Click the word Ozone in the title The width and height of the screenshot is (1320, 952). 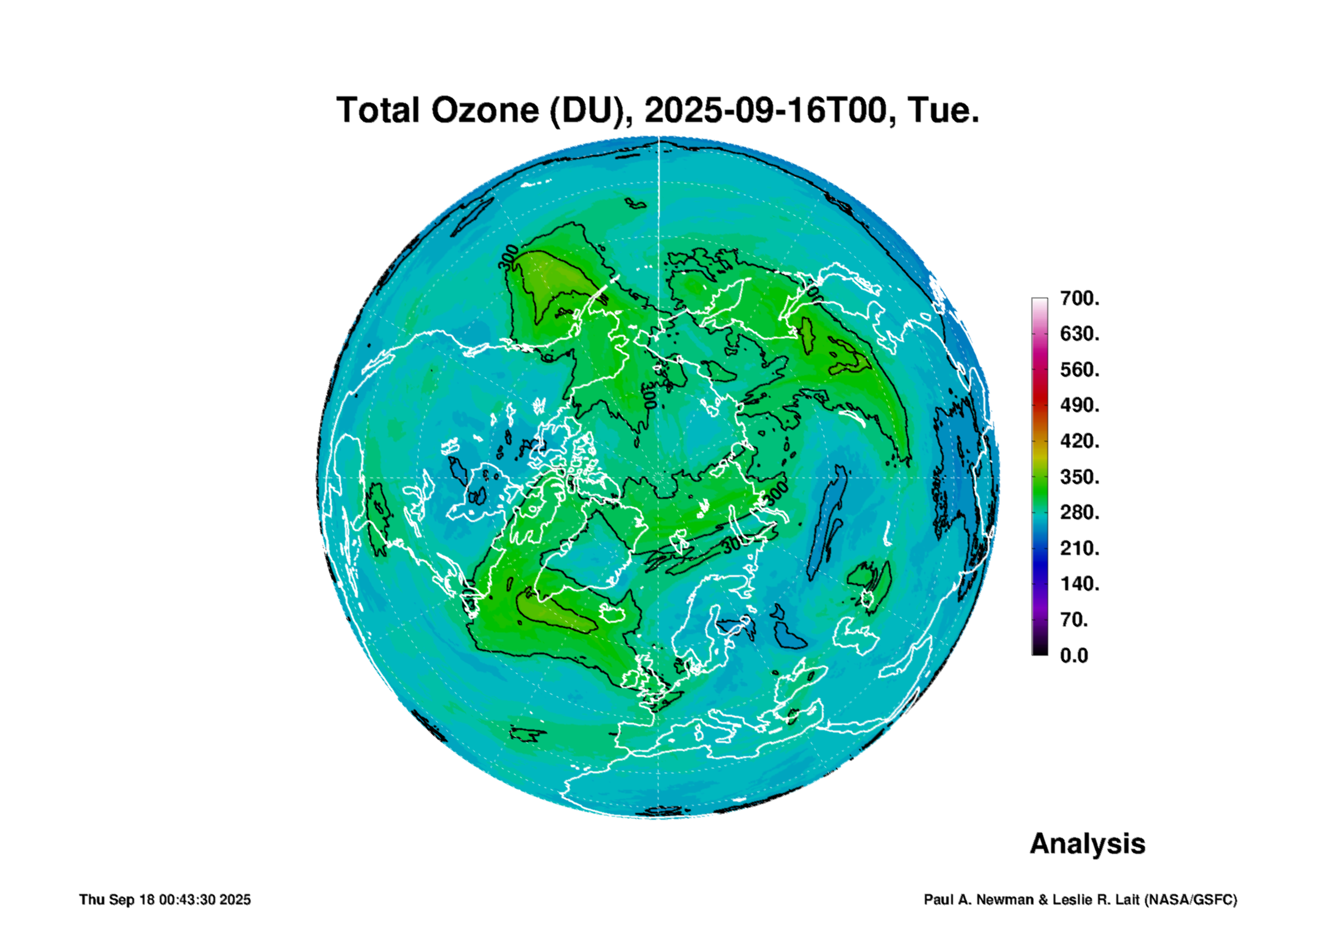coord(485,110)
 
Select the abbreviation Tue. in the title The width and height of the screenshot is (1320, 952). coord(943,110)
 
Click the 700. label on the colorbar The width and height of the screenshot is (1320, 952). coord(1080,298)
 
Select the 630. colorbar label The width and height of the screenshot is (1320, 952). coord(1080,334)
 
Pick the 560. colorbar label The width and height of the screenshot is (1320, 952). coord(1080,370)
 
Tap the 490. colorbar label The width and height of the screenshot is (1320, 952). coord(1080,405)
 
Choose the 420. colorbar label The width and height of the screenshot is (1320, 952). coord(1080,441)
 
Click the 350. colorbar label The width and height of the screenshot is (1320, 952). coord(1080,477)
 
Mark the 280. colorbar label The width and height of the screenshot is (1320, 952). coord(1080,512)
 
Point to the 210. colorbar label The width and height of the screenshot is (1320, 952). coord(1080,548)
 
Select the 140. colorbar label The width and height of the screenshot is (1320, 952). coord(1080,584)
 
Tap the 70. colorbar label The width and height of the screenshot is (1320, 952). coord(1074,620)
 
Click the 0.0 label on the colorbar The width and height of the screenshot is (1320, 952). coord(1074,656)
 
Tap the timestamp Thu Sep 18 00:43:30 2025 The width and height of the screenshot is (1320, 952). coord(165,900)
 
